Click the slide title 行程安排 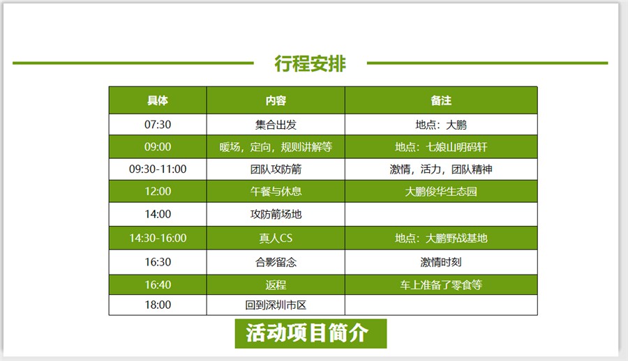tap(310, 63)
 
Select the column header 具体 tap(158, 100)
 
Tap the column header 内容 tap(276, 100)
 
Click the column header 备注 tap(441, 100)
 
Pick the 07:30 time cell tap(158, 125)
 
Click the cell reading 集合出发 tap(276, 125)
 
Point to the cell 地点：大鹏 tap(441, 125)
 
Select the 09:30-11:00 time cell tap(158, 169)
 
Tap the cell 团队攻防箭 tap(276, 169)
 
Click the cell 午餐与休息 tap(276, 192)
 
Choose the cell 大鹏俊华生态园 tap(441, 192)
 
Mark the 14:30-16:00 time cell tap(158, 238)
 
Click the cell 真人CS tap(276, 238)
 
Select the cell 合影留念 tap(276, 262)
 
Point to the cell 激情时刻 tap(441, 262)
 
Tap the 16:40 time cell tap(158, 284)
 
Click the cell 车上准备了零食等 tap(441, 285)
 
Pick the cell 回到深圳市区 tap(276, 305)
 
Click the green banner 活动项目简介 tap(311, 333)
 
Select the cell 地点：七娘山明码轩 tap(441, 147)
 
